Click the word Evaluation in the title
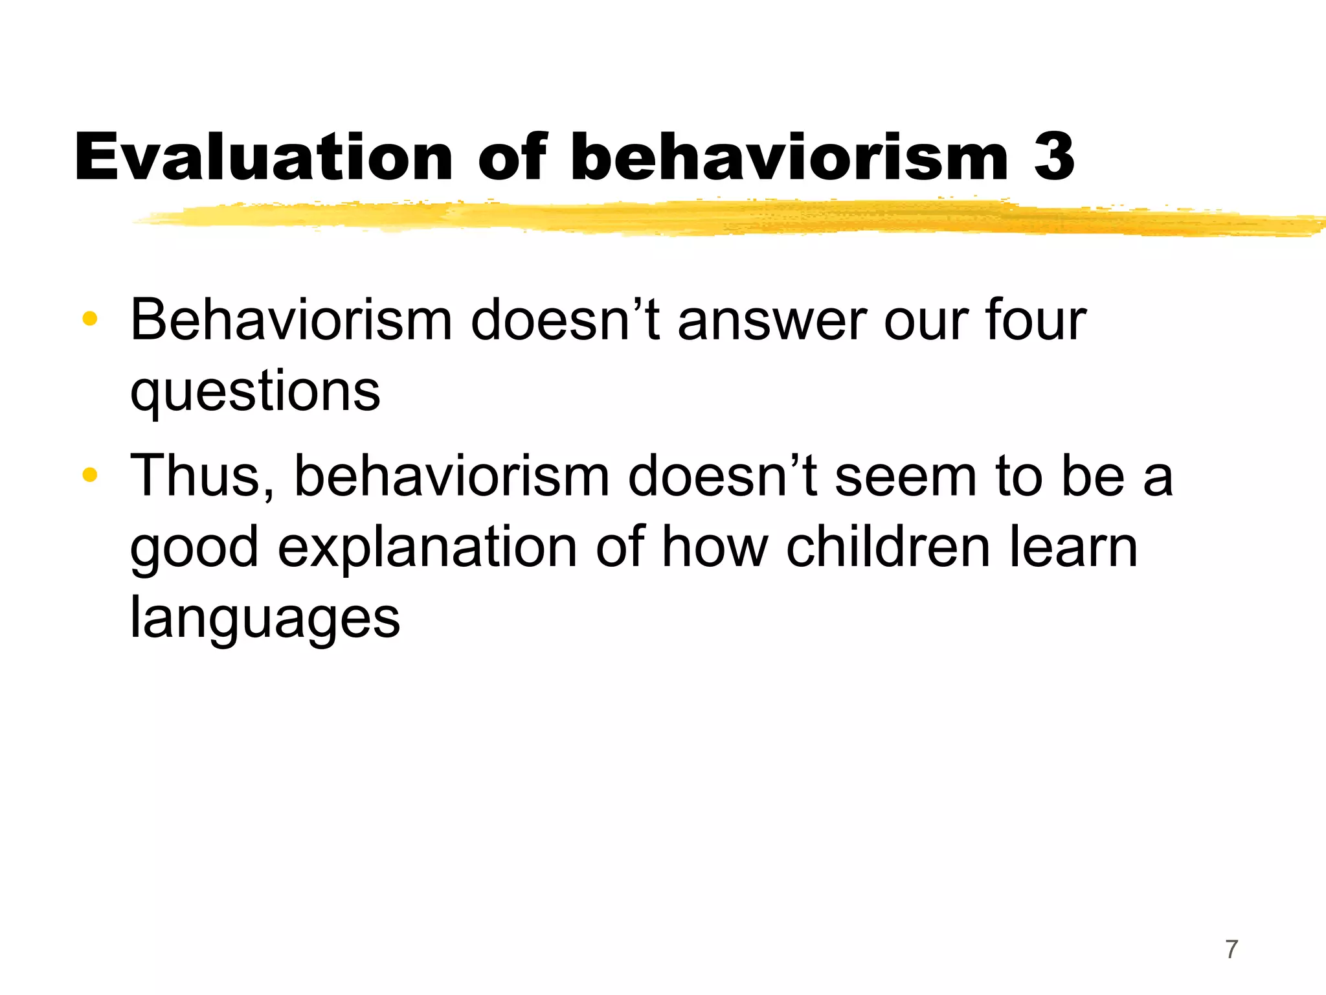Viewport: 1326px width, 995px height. coord(264,157)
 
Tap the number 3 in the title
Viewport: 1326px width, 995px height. coord(1054,157)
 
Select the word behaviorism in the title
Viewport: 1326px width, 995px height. coord(789,157)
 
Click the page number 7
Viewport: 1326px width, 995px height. coord(1231,949)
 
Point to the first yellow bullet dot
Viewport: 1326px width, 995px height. coord(90,319)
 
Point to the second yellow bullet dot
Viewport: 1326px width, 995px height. coord(90,475)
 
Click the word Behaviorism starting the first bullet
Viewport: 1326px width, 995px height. coord(291,320)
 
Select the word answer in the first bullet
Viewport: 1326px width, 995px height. coord(772,321)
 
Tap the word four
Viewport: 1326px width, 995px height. coord(1035,320)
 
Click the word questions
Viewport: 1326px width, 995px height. coord(255,391)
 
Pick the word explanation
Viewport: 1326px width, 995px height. coord(427,548)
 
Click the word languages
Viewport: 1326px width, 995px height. coord(265,619)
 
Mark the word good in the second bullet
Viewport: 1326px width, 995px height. coord(194,548)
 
